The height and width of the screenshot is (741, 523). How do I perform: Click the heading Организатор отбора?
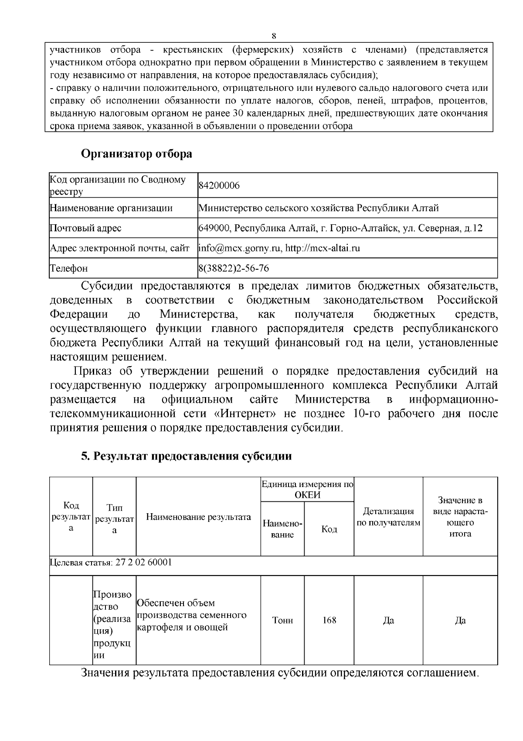tap(136, 154)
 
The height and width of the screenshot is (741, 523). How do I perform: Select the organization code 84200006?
tap(219, 186)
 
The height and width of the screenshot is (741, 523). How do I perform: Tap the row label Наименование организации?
tap(111, 208)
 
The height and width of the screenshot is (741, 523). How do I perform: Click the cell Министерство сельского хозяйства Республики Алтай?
tap(318, 208)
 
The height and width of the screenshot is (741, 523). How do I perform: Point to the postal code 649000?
tap(211, 228)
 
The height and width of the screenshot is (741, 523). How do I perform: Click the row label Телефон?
tap(69, 268)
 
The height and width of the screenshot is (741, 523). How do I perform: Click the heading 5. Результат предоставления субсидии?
tap(186, 456)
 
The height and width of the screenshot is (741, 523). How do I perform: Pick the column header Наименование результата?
tap(198, 517)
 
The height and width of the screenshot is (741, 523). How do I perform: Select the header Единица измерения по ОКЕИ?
tap(307, 489)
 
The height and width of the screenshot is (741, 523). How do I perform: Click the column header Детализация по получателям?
tap(388, 517)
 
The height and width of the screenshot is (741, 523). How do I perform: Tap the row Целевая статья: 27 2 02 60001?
tap(111, 562)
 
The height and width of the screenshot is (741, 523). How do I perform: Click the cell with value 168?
tap(329, 620)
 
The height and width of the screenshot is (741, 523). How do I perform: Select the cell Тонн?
tap(282, 620)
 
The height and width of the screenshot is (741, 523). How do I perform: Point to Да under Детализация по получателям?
tap(388, 620)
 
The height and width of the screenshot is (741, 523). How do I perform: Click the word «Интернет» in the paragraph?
tap(247, 413)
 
